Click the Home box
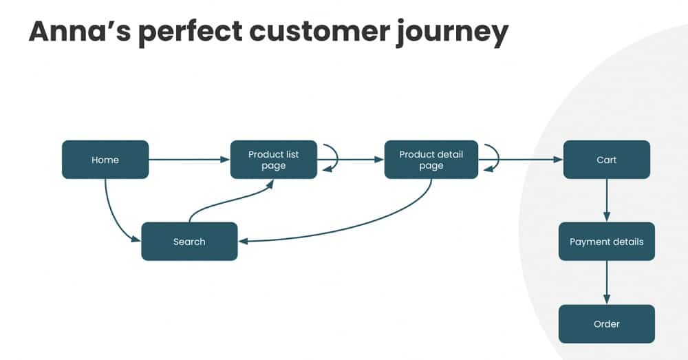click(105, 160)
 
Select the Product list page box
click(273, 160)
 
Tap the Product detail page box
click(431, 160)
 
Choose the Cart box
click(606, 160)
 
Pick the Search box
click(189, 242)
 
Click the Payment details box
click(606, 242)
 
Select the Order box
click(606, 324)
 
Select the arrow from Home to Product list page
click(189, 160)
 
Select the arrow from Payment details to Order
click(606, 282)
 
